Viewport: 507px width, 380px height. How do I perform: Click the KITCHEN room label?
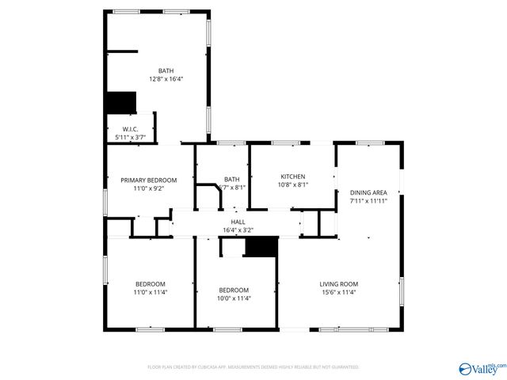click(293, 177)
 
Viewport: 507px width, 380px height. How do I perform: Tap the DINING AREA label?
click(368, 192)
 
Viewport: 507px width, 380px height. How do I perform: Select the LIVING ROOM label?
click(339, 284)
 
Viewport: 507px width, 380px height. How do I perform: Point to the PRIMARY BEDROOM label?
click(149, 180)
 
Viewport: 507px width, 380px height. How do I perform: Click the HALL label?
click(238, 222)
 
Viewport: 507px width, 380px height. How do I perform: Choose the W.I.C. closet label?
click(131, 129)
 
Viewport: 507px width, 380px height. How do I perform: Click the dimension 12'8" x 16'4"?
click(165, 79)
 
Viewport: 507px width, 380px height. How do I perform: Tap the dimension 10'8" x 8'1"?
click(293, 185)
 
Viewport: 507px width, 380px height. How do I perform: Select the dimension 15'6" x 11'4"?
click(339, 293)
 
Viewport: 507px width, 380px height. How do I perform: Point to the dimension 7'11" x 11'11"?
click(368, 201)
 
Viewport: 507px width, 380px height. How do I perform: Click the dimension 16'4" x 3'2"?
click(238, 231)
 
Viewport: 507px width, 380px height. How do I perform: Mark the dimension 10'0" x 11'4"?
click(234, 298)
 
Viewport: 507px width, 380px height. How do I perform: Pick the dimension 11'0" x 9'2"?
click(149, 189)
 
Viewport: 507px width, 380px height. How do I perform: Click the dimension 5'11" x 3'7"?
click(131, 138)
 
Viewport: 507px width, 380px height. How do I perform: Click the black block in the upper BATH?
click(121, 103)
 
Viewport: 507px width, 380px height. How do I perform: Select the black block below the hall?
click(261, 246)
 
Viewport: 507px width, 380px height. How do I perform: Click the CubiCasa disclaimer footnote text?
click(253, 367)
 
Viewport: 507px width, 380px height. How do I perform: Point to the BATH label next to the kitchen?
click(232, 179)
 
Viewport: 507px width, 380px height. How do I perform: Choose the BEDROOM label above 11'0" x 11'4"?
click(150, 284)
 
